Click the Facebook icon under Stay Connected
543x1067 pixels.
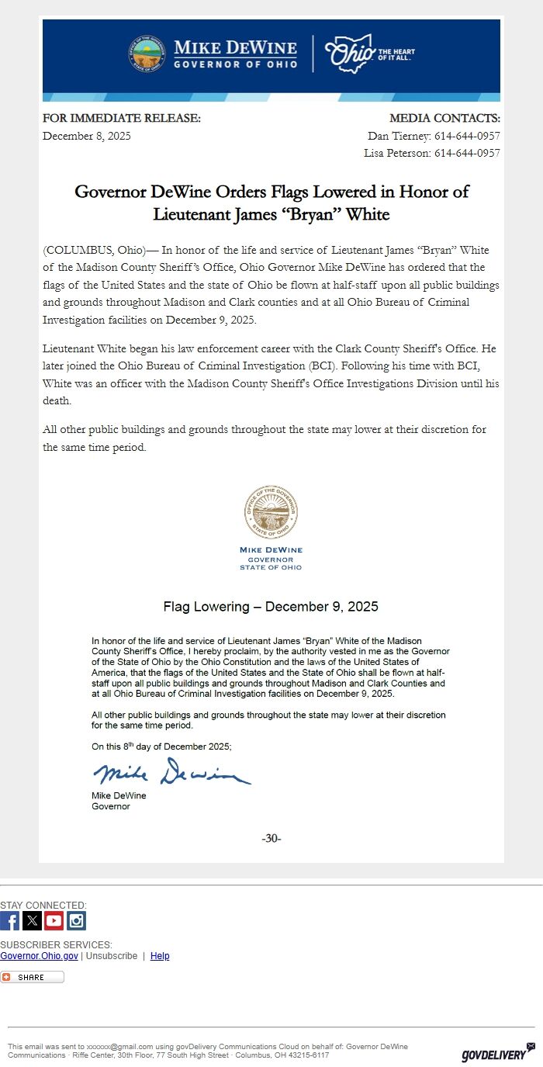tap(10, 920)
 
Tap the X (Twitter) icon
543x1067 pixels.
tap(32, 920)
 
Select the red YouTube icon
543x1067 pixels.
tap(54, 920)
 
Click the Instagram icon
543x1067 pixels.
tap(76, 920)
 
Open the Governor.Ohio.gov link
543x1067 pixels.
tap(39, 956)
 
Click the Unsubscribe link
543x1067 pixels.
tap(111, 956)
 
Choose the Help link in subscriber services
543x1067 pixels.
tap(160, 956)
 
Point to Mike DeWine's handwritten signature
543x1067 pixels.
tap(171, 772)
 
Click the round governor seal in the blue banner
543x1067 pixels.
tap(147, 54)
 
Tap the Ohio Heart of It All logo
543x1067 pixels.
tap(369, 54)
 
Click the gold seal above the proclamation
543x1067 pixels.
tap(271, 512)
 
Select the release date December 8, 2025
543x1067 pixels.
tap(87, 136)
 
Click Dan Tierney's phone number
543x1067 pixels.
tap(466, 136)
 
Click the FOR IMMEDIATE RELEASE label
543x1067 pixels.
tap(122, 118)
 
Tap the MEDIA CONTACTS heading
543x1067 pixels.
tap(444, 118)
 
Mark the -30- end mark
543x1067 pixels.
tap(271, 838)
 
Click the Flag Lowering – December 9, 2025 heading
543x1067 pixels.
tap(271, 606)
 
